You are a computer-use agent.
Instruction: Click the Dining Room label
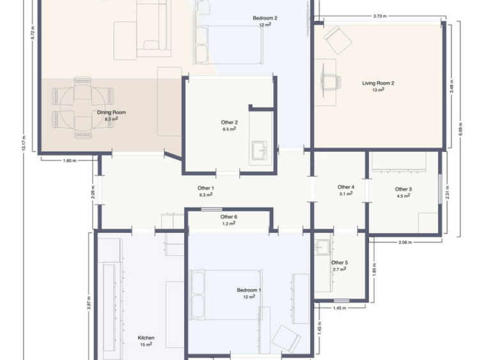click(x=112, y=112)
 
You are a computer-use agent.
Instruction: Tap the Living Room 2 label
click(x=378, y=83)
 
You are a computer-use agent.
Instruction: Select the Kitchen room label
click(x=146, y=338)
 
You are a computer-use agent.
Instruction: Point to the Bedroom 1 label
click(x=249, y=290)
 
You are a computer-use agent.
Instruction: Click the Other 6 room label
click(x=229, y=217)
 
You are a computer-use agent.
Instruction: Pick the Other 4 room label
click(x=345, y=187)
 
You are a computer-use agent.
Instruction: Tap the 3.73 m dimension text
click(x=380, y=17)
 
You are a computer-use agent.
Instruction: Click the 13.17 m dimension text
click(x=24, y=144)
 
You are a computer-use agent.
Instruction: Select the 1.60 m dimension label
click(x=70, y=160)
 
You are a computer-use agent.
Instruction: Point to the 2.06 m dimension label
click(x=405, y=242)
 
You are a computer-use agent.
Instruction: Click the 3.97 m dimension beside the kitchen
click(x=89, y=303)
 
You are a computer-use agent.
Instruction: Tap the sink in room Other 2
click(x=260, y=150)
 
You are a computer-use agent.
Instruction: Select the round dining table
click(x=83, y=108)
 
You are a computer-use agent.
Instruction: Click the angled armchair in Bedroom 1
click(x=286, y=338)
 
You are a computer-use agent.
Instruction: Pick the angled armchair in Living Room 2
click(x=338, y=40)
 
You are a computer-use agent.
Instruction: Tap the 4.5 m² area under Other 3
click(x=404, y=196)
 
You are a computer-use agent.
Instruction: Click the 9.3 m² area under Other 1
click(x=206, y=195)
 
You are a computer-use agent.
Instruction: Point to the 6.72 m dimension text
click(x=33, y=33)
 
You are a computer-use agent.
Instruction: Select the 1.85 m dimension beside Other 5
click(x=375, y=270)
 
